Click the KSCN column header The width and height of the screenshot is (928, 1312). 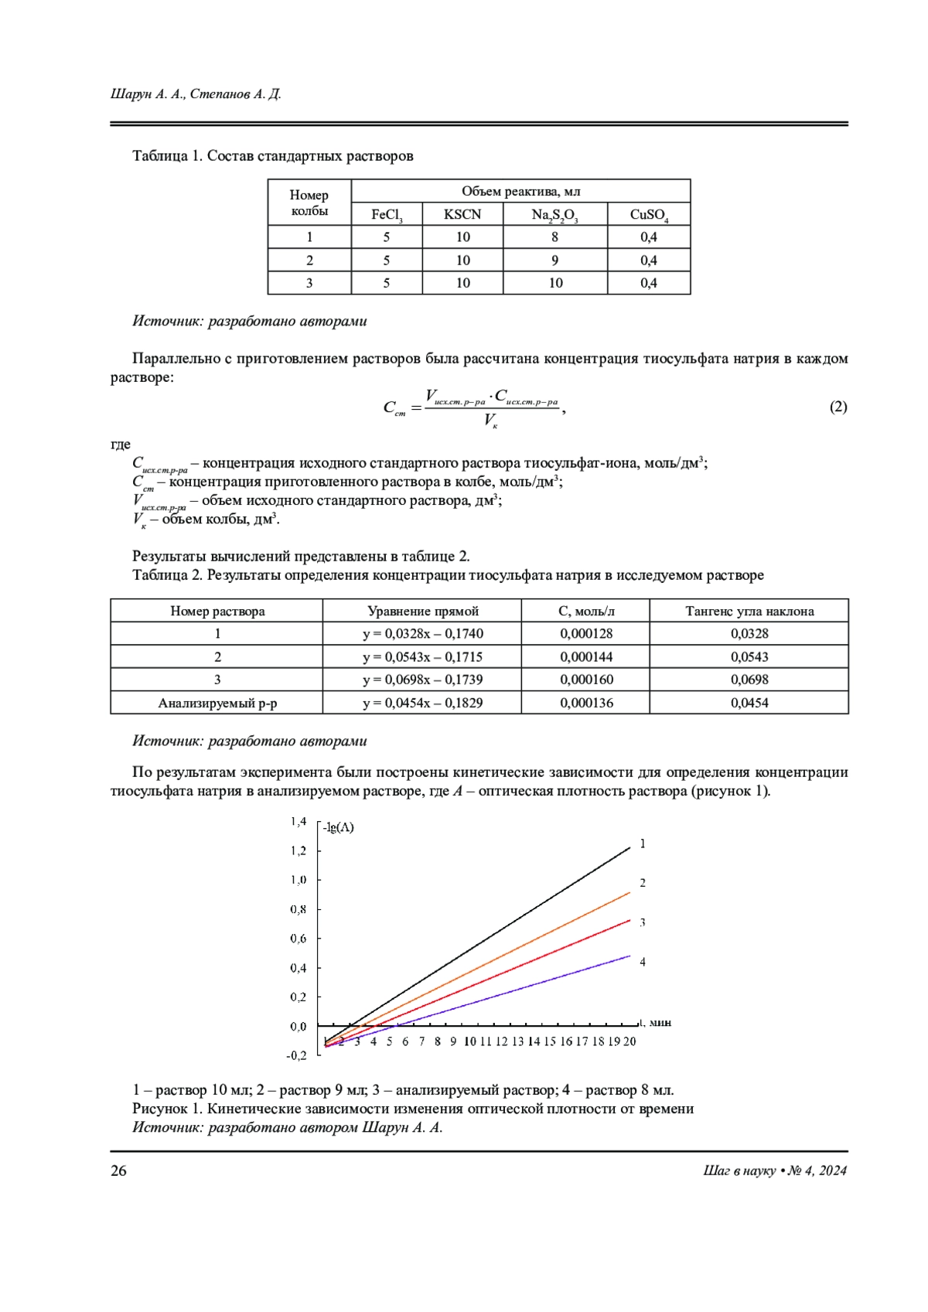tap(462, 214)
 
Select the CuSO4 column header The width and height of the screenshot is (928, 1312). tap(648, 214)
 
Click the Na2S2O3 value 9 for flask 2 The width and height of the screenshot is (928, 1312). tap(554, 260)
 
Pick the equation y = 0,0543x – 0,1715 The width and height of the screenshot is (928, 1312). tap(422, 656)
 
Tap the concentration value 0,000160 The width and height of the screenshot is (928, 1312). tap(585, 680)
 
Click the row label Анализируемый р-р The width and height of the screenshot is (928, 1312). tap(217, 703)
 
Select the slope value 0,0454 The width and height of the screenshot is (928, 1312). tap(749, 703)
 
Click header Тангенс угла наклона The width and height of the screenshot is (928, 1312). tap(749, 611)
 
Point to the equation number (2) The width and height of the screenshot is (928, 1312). tap(838, 407)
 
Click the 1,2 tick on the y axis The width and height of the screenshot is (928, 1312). tap(299, 850)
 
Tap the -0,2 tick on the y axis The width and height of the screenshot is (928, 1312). tap(297, 1055)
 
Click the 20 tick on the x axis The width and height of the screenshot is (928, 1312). tap(629, 1041)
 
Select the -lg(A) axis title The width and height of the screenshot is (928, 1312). tap(338, 827)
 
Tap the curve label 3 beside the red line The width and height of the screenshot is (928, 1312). tap(643, 922)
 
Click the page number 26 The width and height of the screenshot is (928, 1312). tap(118, 1171)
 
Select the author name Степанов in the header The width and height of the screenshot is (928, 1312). tap(220, 94)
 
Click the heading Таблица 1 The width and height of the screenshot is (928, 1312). tap(167, 156)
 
